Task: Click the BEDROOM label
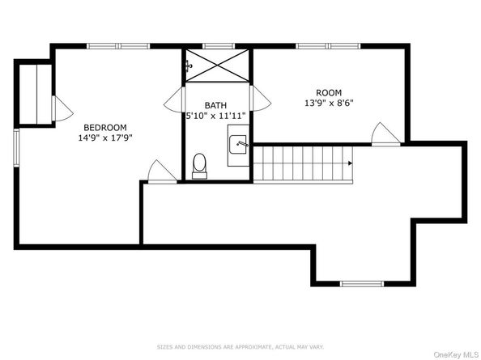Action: (105, 127)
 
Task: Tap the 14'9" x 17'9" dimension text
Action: (105, 138)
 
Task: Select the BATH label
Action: (215, 105)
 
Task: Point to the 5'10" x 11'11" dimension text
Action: (215, 116)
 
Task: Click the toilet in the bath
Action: (200, 166)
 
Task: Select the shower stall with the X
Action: (216, 64)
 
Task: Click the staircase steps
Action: (302, 163)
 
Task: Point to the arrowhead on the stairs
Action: (350, 163)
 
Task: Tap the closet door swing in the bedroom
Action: (61, 108)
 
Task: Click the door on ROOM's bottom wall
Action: (381, 133)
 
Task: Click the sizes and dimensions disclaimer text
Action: (240, 345)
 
